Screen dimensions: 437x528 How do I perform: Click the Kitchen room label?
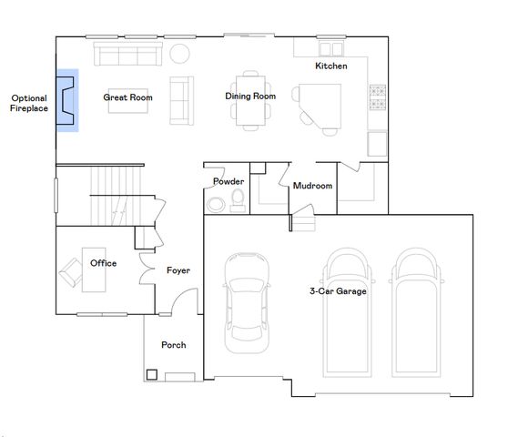(x=330, y=66)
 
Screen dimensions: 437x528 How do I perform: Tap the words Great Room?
(x=127, y=97)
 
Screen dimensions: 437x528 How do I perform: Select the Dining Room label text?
(x=250, y=96)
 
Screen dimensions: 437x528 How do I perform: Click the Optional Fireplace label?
(x=27, y=103)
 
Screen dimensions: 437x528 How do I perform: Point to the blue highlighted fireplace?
(x=67, y=100)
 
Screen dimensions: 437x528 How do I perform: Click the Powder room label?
(x=228, y=181)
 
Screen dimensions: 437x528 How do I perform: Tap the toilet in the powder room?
(x=238, y=199)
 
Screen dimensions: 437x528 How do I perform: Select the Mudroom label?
(x=312, y=186)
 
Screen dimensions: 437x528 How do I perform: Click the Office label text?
(x=103, y=263)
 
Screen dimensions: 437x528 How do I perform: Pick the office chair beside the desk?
(x=71, y=270)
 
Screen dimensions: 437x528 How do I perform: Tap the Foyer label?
(x=178, y=270)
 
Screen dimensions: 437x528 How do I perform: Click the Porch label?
(x=174, y=345)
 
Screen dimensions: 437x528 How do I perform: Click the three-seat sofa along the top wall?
(x=127, y=56)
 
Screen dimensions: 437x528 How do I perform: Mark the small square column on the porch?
(x=151, y=373)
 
